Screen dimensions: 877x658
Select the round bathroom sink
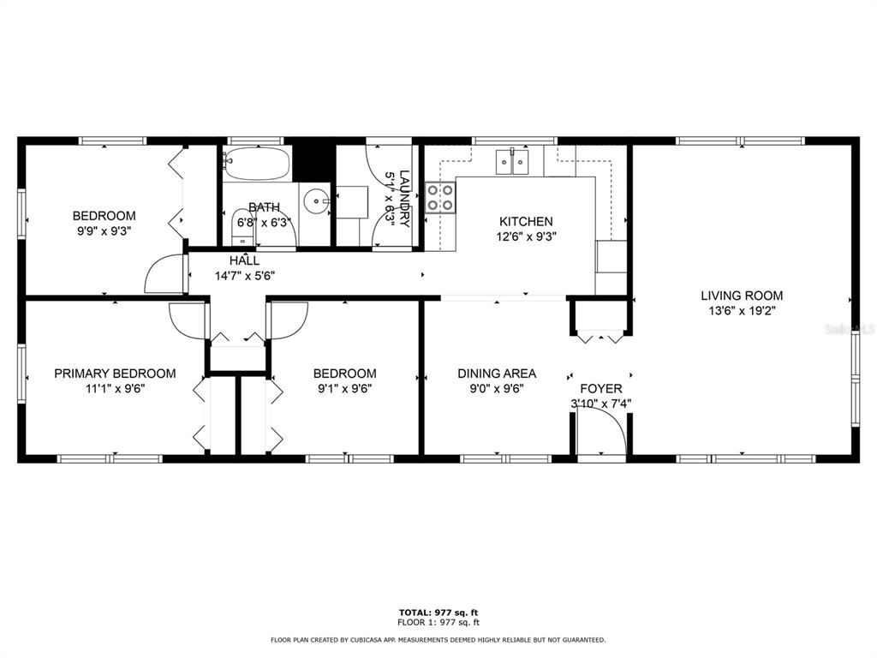tap(317, 201)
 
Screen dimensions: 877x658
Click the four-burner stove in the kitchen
tap(440, 198)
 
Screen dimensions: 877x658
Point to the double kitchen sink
tap(512, 162)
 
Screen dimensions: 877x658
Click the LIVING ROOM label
tap(742, 296)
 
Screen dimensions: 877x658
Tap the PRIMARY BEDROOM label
tap(115, 374)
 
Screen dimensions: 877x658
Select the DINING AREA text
tap(497, 374)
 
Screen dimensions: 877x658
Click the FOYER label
tap(600, 388)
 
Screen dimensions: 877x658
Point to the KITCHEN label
tap(526, 222)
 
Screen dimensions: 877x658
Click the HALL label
tap(244, 260)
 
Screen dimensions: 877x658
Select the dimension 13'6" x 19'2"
tap(742, 310)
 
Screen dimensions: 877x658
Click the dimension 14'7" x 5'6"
tap(245, 276)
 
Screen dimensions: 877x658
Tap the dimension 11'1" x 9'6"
tap(115, 388)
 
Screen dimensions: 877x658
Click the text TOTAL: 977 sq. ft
tap(438, 613)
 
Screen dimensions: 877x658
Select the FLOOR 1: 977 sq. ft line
tap(438, 622)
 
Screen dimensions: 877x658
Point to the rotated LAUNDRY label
tap(404, 199)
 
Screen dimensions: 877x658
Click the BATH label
tap(264, 207)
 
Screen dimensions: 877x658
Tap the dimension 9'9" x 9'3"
tap(104, 230)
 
